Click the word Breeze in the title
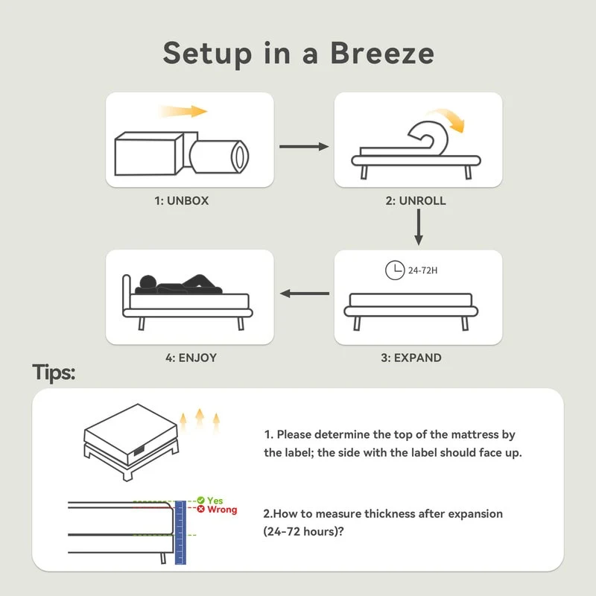[382, 53]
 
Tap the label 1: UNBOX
[182, 200]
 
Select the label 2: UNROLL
[416, 200]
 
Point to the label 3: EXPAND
[411, 358]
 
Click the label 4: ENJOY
[191, 358]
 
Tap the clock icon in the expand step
[395, 270]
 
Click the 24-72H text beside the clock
[422, 270]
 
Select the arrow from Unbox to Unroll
[304, 146]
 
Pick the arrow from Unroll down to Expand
[419, 227]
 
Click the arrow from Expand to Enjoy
[305, 294]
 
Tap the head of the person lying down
[148, 282]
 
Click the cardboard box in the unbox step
[150, 153]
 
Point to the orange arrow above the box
[183, 111]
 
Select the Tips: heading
[54, 372]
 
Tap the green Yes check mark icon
[201, 500]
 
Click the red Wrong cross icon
[201, 509]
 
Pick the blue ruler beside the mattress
[180, 533]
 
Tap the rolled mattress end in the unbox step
[240, 156]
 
